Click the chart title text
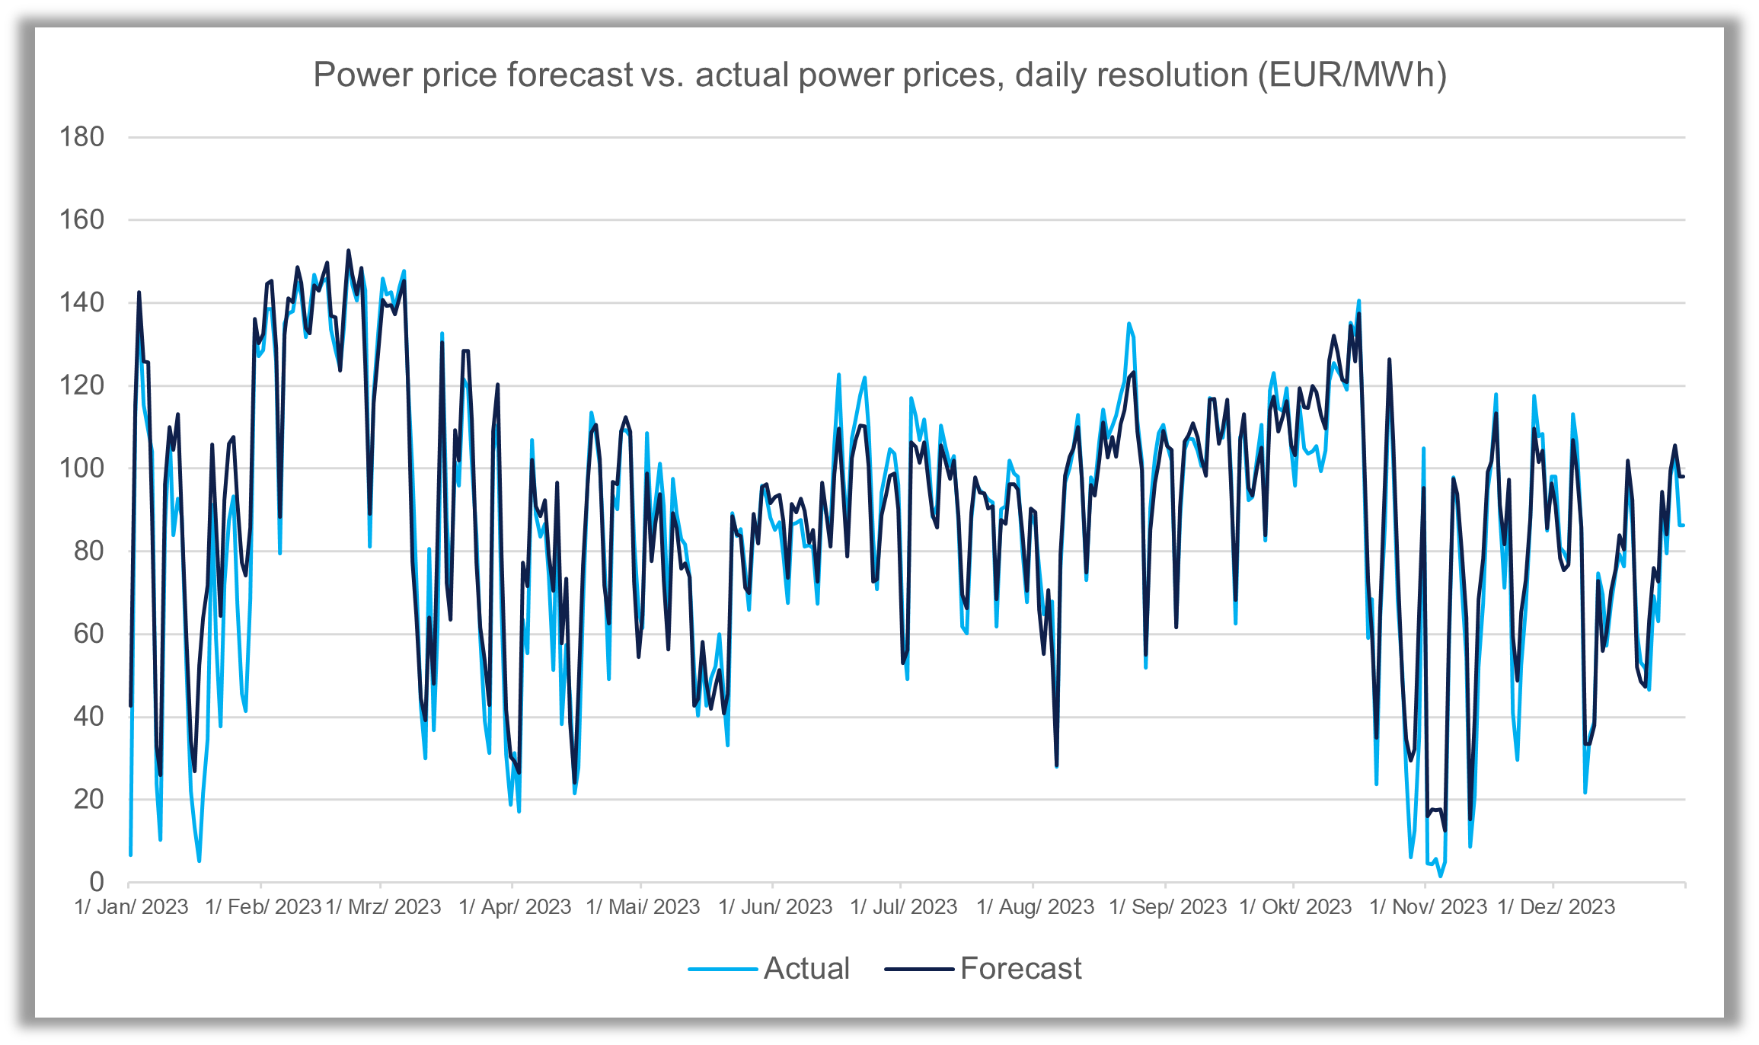[x=880, y=75]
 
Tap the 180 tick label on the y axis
[x=81, y=138]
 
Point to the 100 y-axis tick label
[x=81, y=468]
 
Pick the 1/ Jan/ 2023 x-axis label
[x=132, y=907]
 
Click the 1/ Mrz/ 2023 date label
[x=383, y=907]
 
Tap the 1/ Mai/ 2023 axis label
[x=643, y=907]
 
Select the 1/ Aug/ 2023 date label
[x=1035, y=907]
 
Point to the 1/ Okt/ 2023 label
[x=1295, y=907]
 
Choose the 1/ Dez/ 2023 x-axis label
[x=1556, y=907]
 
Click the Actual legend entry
[x=806, y=969]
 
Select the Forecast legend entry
[x=1020, y=969]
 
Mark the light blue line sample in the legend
[x=722, y=970]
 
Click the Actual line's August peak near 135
[x=1129, y=324]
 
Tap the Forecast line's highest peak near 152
[x=349, y=251]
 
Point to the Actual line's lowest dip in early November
[x=1440, y=876]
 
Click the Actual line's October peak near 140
[x=1358, y=301]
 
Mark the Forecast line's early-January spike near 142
[x=139, y=292]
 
